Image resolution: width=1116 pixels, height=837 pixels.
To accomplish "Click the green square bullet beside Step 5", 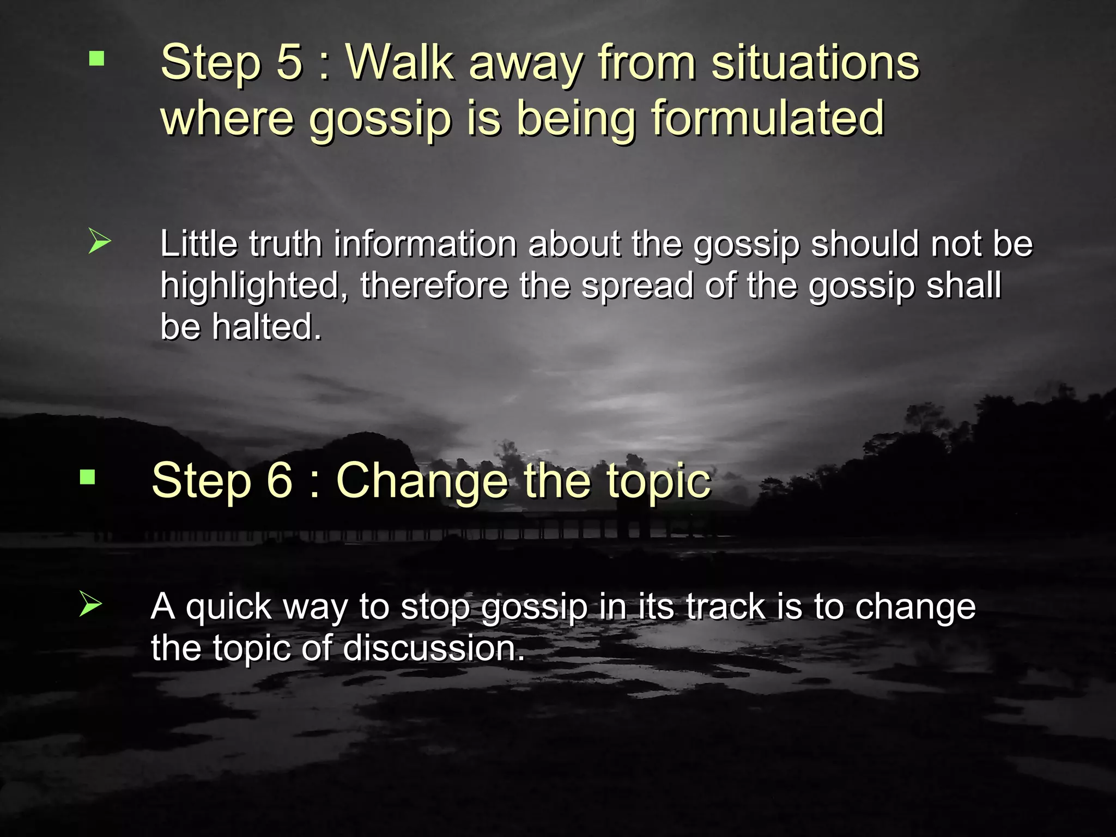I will click(96, 58).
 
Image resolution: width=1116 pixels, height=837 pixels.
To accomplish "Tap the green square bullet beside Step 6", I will click(87, 477).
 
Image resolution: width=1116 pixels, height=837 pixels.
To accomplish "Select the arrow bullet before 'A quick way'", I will click(90, 604).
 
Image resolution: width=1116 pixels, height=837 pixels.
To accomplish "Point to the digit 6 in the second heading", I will click(279, 480).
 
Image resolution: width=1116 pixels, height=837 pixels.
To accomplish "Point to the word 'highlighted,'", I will click(254, 286).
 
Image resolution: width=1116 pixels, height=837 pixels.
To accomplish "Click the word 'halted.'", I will click(266, 327).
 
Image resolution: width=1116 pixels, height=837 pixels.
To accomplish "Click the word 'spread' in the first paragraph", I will click(637, 286).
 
